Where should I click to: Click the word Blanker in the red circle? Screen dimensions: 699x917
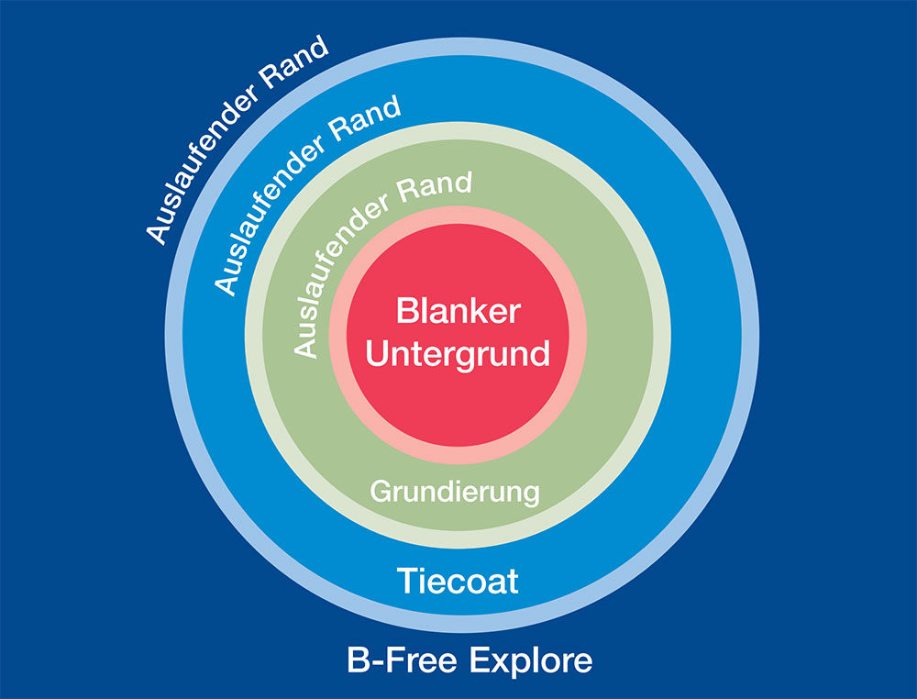click(x=458, y=310)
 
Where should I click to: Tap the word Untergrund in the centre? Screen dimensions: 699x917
click(x=458, y=353)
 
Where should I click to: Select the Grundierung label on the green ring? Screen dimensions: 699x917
click(x=455, y=491)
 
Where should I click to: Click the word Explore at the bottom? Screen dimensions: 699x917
click(x=532, y=660)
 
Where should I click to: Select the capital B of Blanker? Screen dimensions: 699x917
click(x=406, y=310)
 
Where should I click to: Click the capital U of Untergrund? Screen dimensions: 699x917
click(x=377, y=353)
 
